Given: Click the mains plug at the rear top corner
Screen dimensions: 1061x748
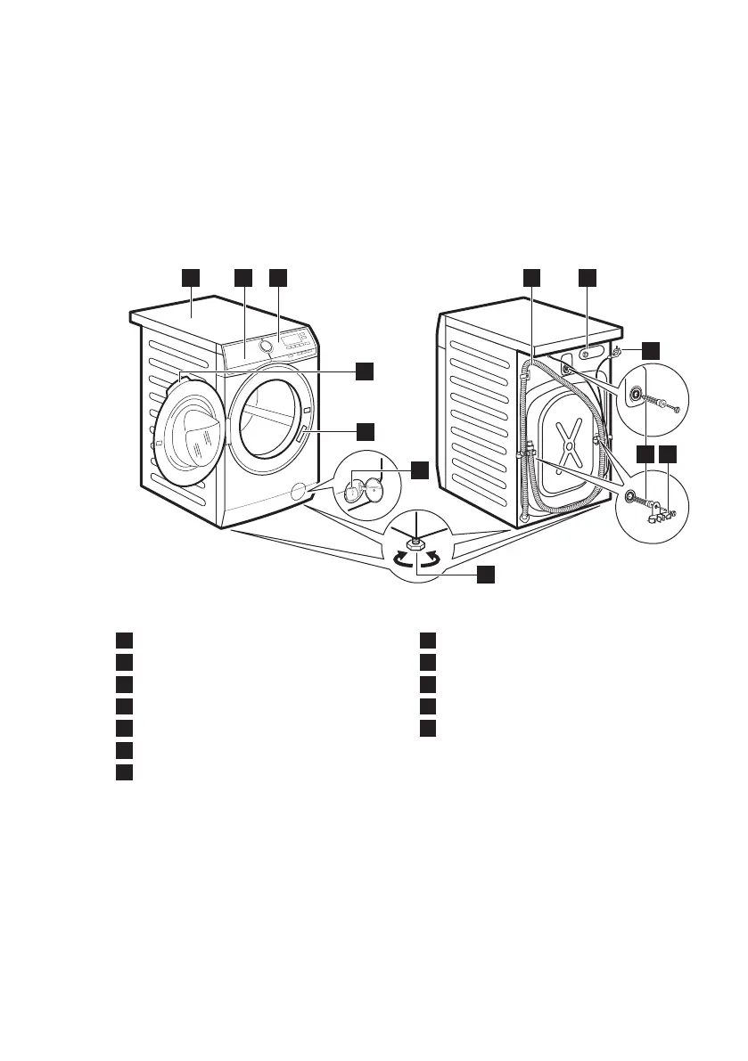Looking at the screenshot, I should (616, 353).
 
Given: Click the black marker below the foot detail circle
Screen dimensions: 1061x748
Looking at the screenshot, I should (485, 575).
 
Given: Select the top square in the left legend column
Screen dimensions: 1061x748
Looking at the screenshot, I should (124, 640).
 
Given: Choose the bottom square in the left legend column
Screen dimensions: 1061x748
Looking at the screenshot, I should (124, 771).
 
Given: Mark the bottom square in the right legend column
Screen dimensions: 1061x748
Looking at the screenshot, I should (429, 728).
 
